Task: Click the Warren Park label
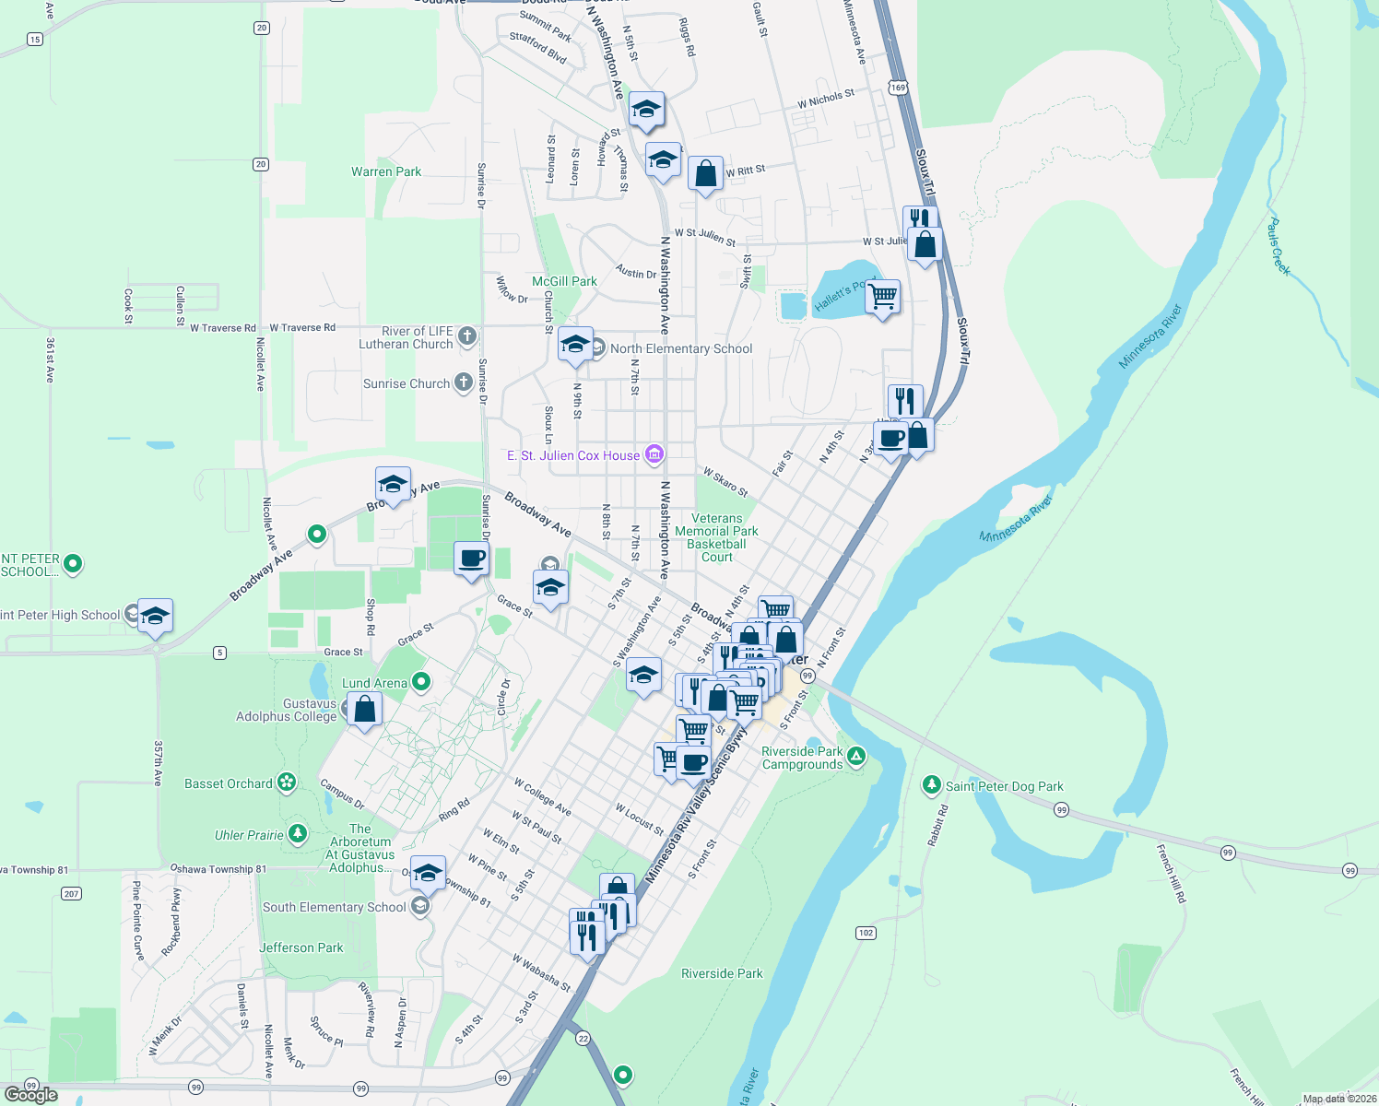[x=386, y=171]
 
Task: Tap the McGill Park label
[x=564, y=281]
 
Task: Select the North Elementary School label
[x=681, y=348]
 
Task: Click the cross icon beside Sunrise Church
[x=464, y=383]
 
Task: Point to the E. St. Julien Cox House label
[x=573, y=455]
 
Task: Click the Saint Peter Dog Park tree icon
[x=931, y=785]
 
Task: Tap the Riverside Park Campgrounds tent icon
[x=856, y=757]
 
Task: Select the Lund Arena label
[x=374, y=683]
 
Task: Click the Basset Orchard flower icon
[x=287, y=783]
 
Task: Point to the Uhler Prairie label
[x=249, y=835]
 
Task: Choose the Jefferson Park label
[x=301, y=947]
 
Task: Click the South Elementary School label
[x=334, y=907]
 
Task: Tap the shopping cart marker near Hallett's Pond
[x=882, y=297]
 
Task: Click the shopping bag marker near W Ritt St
[x=705, y=173]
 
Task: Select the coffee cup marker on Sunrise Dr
[x=471, y=559]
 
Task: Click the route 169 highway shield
[x=899, y=88]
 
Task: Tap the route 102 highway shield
[x=866, y=933]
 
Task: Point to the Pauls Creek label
[x=1278, y=245]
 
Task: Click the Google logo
[x=30, y=1095]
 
